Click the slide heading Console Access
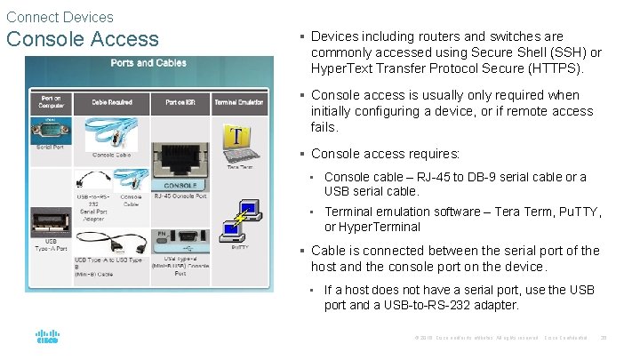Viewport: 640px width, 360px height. coord(82,39)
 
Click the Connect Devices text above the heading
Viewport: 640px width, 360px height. coord(60,17)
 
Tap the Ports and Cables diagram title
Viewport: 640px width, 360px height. coord(143,63)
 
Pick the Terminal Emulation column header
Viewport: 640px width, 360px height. coord(238,102)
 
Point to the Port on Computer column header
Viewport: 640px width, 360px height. coord(52,102)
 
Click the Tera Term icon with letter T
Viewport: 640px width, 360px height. coord(236,139)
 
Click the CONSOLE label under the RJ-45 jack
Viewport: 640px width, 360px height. coord(180,184)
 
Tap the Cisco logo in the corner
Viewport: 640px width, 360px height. coord(46,338)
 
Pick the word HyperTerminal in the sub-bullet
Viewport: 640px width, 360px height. coord(379,227)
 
